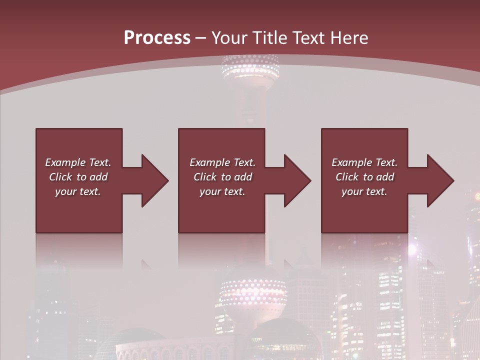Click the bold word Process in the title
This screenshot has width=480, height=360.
point(157,38)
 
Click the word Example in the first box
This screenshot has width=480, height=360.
point(65,162)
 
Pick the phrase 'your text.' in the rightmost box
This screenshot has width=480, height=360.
point(364,191)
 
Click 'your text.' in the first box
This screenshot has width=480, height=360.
point(78,191)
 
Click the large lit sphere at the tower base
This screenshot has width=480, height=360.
point(253,295)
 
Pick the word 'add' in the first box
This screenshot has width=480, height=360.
point(98,177)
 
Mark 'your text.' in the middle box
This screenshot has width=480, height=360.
point(222,191)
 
